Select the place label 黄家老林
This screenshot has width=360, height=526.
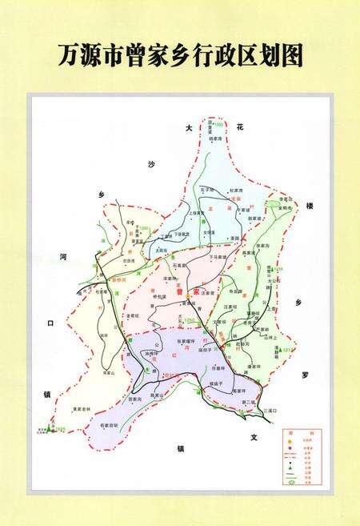pos(83,409)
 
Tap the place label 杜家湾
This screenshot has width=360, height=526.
pos(234,190)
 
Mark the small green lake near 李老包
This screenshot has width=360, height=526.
pos(274,205)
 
